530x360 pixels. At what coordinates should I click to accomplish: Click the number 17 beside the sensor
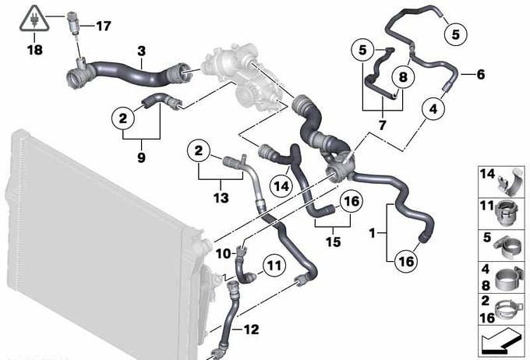coord(104,26)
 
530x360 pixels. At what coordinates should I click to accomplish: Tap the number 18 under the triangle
coord(35,50)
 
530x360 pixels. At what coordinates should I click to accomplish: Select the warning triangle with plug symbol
coord(34,18)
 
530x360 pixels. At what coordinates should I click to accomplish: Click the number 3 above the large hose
coord(142,51)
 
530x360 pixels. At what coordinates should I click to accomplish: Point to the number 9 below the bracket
coord(141,157)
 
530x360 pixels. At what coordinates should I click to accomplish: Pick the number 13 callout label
coord(221,198)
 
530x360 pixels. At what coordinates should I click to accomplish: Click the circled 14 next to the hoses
coord(282,186)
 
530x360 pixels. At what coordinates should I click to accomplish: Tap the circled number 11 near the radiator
coord(274,266)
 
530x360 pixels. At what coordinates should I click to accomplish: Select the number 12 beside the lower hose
coord(251,330)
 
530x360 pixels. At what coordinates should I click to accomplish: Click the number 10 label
coord(223,253)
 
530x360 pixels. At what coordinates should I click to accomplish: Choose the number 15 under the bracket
coord(333,242)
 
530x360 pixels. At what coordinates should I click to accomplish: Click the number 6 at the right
coord(481,74)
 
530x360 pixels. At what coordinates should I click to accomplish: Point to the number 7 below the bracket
coord(382,125)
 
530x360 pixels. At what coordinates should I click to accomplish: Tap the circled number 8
coord(403,77)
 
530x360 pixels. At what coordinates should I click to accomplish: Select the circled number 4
coord(433,109)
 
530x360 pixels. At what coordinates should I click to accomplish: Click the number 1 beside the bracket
coord(372,233)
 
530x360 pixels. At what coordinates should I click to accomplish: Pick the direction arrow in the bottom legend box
coord(501,341)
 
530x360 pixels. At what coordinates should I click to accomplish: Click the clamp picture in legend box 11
coord(505,214)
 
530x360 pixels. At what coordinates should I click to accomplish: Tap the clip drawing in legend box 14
coord(511,182)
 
